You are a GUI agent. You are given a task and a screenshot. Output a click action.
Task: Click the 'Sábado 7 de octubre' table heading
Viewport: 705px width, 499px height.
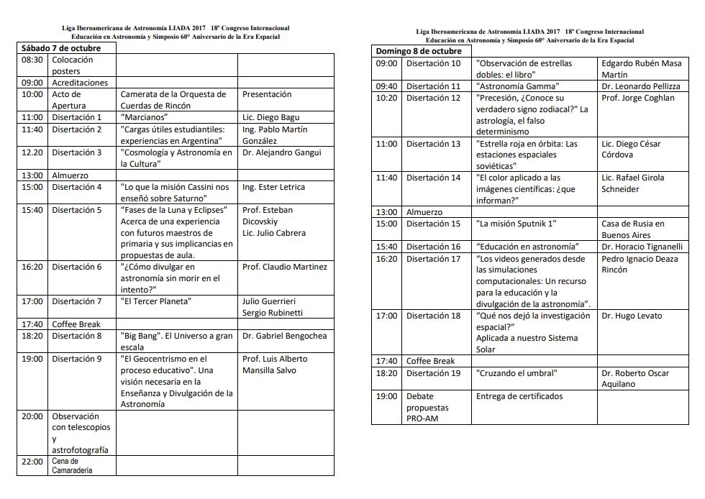(x=60, y=48)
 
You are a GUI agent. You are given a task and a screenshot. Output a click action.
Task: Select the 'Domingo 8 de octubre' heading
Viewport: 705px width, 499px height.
(x=419, y=52)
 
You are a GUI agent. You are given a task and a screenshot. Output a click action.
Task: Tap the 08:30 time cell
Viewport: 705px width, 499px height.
(x=32, y=60)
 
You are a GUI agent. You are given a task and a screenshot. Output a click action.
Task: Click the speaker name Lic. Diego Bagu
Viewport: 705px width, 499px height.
(x=271, y=117)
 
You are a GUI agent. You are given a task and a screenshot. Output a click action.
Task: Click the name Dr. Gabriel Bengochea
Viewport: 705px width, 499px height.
(x=285, y=336)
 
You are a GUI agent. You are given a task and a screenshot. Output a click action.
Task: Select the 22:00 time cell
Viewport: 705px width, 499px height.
(x=32, y=462)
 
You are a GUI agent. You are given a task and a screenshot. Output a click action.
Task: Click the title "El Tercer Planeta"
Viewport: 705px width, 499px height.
(x=155, y=301)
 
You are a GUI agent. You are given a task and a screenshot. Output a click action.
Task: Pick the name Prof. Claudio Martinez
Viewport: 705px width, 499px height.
(x=285, y=267)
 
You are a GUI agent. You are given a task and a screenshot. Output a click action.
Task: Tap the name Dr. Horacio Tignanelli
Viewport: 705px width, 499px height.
(x=642, y=247)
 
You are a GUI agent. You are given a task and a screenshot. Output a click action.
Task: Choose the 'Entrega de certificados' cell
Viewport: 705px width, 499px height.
(x=519, y=396)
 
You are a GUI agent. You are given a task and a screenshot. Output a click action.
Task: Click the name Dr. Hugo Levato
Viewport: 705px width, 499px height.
(x=632, y=316)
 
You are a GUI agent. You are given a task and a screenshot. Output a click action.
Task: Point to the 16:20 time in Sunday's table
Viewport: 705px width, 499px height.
(x=387, y=258)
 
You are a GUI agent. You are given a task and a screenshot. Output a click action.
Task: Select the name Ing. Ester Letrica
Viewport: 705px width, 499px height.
(x=274, y=187)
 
